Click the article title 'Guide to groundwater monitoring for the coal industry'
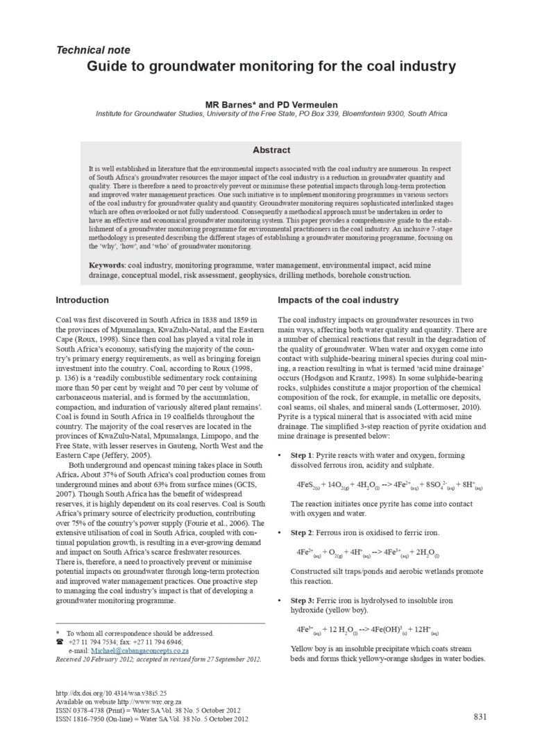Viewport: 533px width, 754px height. [271, 67]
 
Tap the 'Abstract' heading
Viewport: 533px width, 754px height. [271, 149]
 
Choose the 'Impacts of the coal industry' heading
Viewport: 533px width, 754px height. [338, 300]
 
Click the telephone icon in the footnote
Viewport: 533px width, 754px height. [59, 642]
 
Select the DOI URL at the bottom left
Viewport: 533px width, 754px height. [105, 694]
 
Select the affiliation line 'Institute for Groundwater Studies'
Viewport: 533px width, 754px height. [271, 113]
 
